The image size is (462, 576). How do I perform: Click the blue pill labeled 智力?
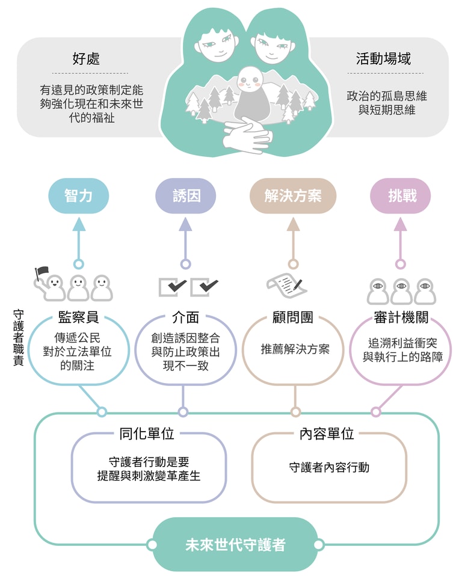78,196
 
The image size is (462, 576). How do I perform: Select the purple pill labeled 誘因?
185,196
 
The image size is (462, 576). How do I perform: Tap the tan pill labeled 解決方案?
293,196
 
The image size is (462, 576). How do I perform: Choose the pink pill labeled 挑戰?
401,196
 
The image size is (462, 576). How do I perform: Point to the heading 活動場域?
383,59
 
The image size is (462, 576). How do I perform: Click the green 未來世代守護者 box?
235,545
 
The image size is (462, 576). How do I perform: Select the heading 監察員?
78,317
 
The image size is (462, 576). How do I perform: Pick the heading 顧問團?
293,317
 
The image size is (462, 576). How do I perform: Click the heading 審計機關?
401,317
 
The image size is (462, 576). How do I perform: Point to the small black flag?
42,274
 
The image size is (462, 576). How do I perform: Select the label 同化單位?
147,434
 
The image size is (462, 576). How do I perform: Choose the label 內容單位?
327,434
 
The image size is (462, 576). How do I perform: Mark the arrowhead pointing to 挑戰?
401,224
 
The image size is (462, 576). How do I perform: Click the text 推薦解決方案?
295,349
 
